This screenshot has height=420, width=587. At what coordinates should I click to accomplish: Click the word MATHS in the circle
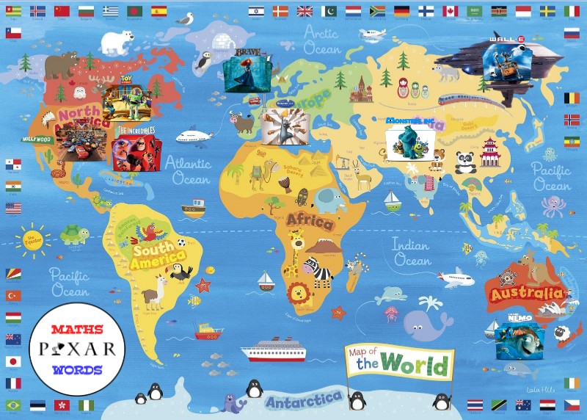pos(77,329)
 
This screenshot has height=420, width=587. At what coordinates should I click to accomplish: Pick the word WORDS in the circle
pos(77,369)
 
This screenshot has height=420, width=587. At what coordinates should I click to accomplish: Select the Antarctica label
pos(304,401)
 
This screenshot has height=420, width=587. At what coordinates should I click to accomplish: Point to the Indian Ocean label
pos(412,251)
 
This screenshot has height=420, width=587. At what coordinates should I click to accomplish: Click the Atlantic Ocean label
pos(188,170)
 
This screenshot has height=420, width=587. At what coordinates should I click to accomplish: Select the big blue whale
pos(426,320)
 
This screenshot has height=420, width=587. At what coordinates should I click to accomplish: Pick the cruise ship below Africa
pos(271,350)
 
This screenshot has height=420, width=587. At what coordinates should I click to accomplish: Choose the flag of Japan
pos(13,361)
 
